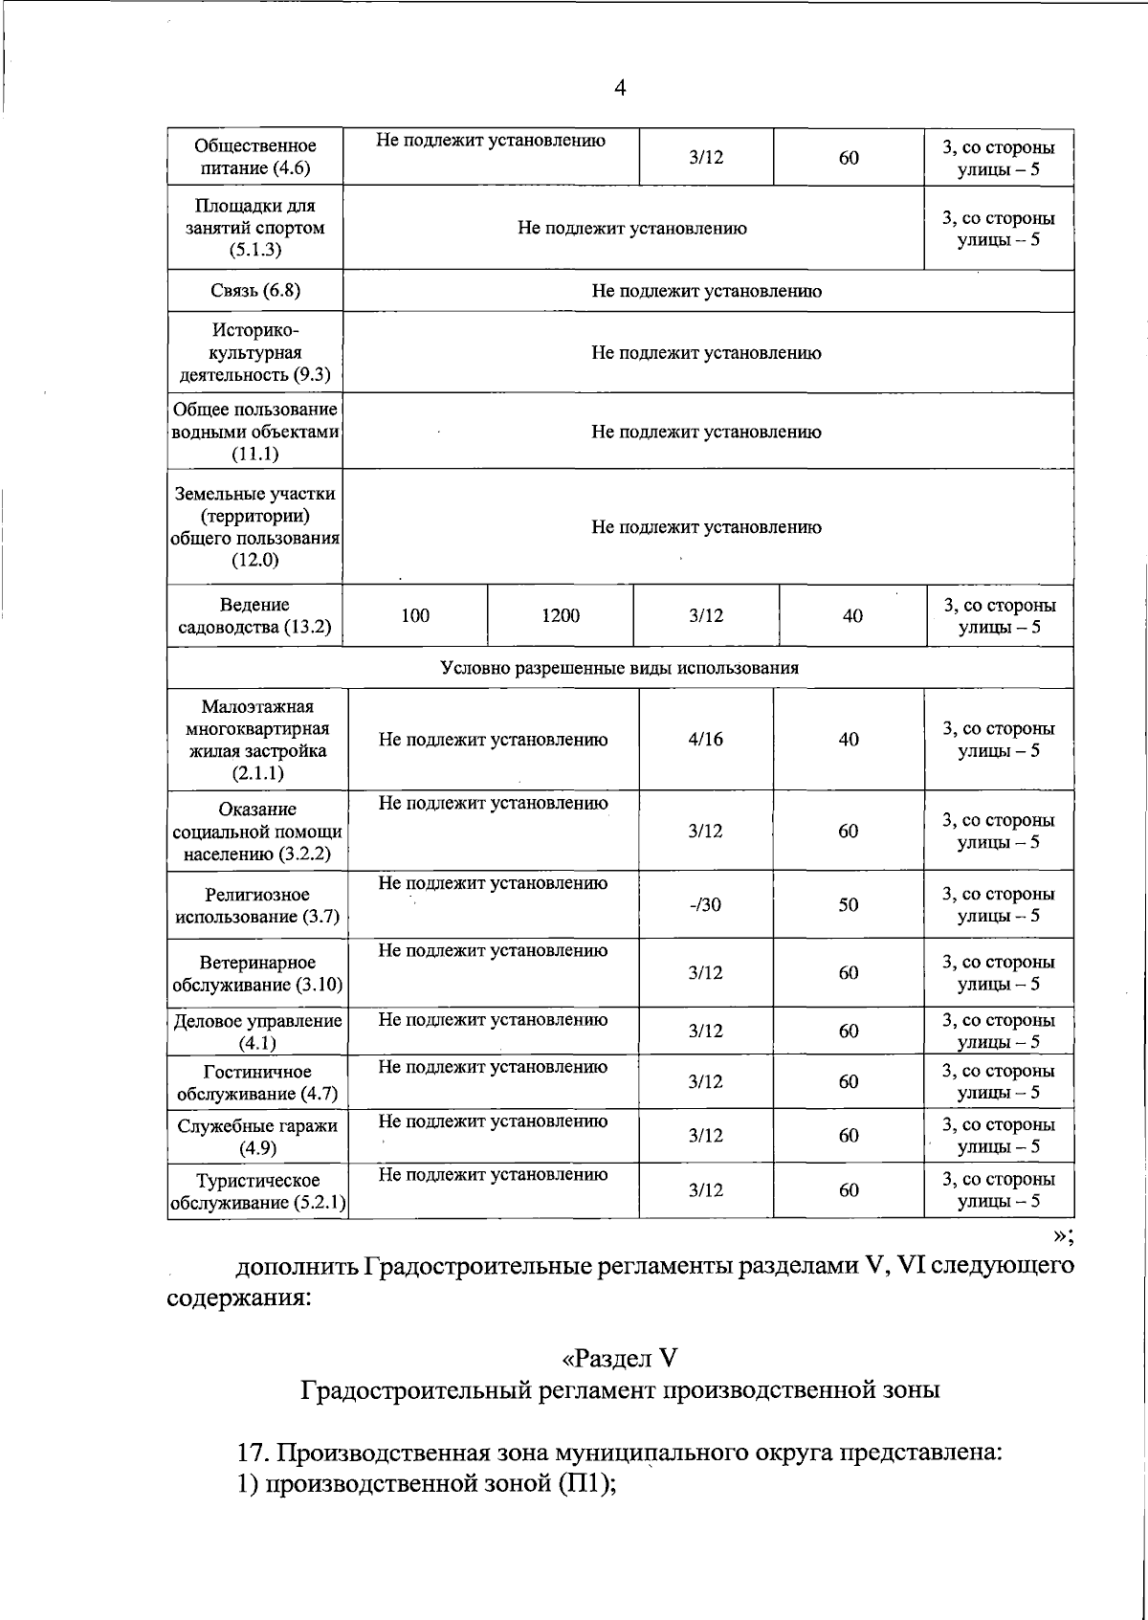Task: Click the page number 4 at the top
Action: pyautogui.click(x=620, y=89)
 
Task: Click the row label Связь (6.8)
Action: pyautogui.click(x=254, y=291)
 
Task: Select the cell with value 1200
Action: pyautogui.click(x=560, y=616)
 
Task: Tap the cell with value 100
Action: pyautogui.click(x=414, y=616)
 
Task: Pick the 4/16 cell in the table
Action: pyautogui.click(x=705, y=740)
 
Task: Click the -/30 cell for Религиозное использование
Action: pyautogui.click(x=705, y=905)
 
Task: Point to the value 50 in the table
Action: pyautogui.click(x=848, y=905)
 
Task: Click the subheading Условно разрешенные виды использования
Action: pyautogui.click(x=619, y=668)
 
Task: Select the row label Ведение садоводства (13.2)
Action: pyautogui.click(x=254, y=616)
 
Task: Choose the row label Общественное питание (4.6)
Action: pyautogui.click(x=254, y=158)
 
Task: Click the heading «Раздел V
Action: pyautogui.click(x=619, y=1359)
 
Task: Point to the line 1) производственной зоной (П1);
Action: pyautogui.click(x=425, y=1484)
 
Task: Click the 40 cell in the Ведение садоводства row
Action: pyautogui.click(x=851, y=616)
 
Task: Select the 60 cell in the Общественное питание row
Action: pyautogui.click(x=848, y=158)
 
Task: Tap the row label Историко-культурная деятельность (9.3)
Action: pyautogui.click(x=254, y=353)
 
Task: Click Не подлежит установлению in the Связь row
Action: pyautogui.click(x=706, y=291)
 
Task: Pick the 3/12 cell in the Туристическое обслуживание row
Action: pyautogui.click(x=705, y=1190)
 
